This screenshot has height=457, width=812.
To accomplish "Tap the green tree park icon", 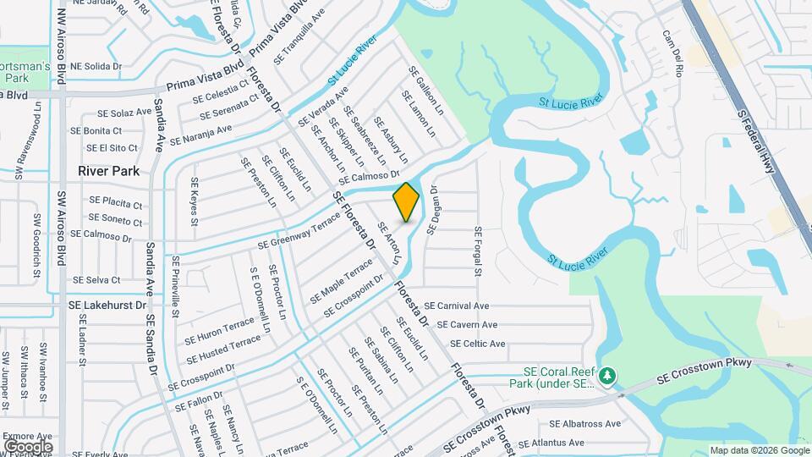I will click(x=606, y=374).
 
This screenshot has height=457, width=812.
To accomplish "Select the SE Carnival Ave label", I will click(x=457, y=306).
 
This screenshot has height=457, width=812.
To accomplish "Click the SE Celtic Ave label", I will click(x=478, y=344).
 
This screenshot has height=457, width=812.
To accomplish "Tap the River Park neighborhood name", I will click(x=108, y=171).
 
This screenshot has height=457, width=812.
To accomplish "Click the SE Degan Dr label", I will click(x=431, y=211).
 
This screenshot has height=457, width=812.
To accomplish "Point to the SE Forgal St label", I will click(x=478, y=251).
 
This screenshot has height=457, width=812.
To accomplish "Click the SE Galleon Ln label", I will click(x=426, y=91).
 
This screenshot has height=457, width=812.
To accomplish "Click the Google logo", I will click(x=28, y=446).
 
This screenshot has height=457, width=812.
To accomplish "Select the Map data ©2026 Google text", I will click(x=759, y=450).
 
